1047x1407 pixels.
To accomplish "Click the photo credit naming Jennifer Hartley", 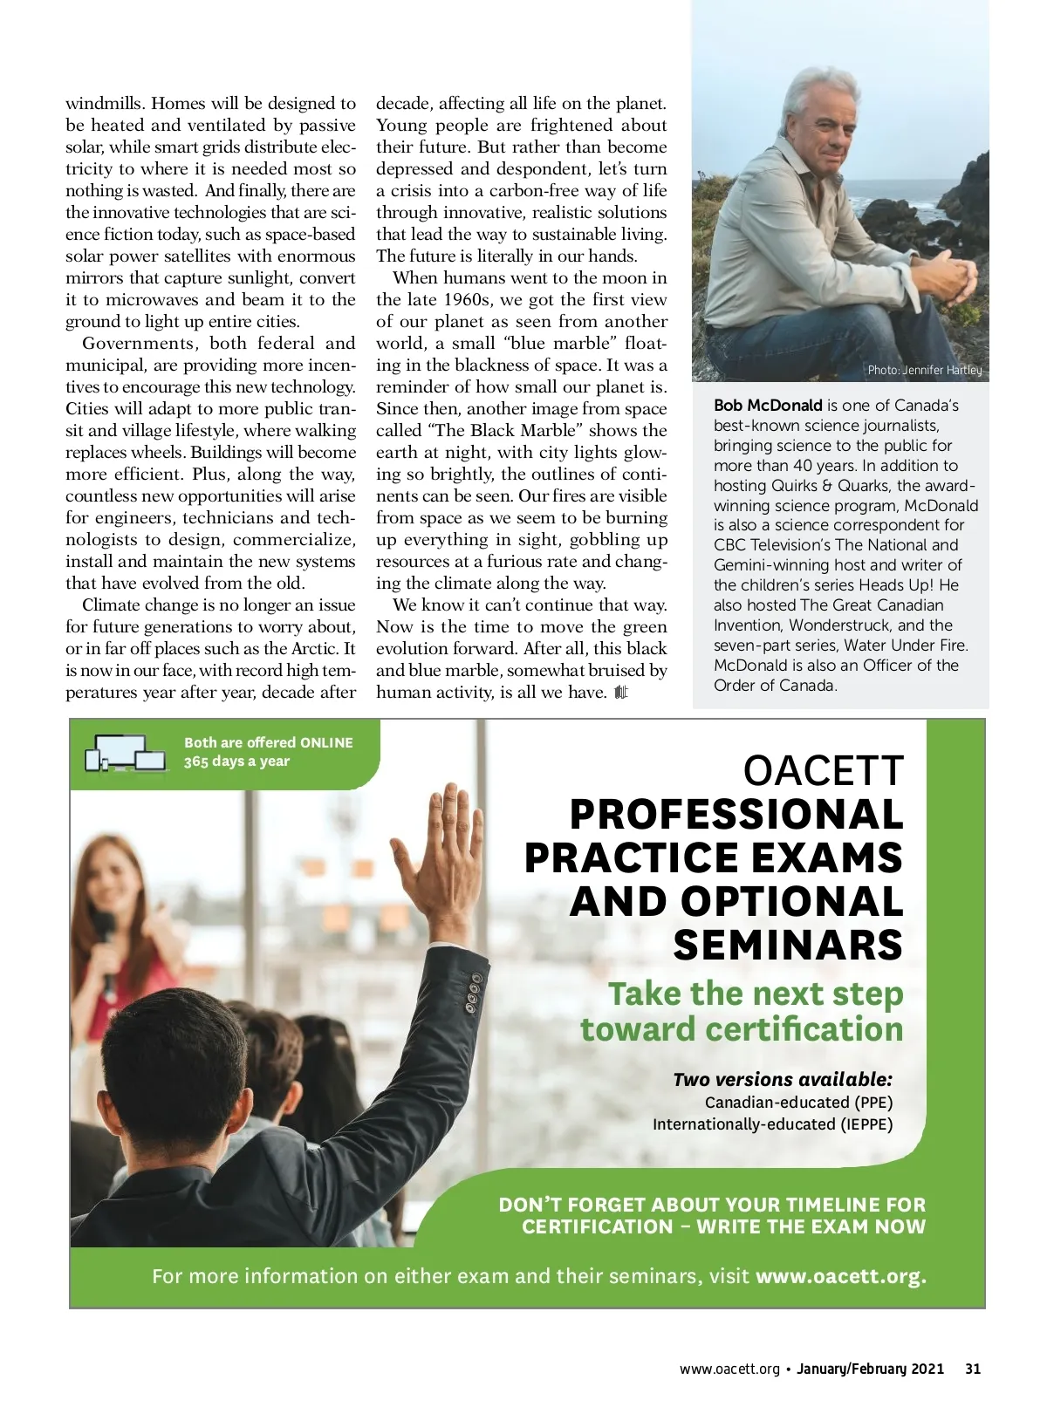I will click(x=924, y=370).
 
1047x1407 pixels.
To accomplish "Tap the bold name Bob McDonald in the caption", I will click(x=768, y=406).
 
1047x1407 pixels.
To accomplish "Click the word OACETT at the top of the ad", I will click(x=823, y=771).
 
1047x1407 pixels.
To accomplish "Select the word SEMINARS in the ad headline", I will click(x=788, y=946).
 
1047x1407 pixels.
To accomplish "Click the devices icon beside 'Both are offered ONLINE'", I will click(x=125, y=752).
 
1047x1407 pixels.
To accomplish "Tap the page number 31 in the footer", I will click(x=973, y=1369).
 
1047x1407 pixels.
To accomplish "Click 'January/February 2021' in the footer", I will click(x=870, y=1369).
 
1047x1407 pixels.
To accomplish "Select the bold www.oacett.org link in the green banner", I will click(x=840, y=1276).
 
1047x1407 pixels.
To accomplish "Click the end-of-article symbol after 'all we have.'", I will click(x=620, y=693).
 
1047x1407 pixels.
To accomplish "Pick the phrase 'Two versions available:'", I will click(x=783, y=1079).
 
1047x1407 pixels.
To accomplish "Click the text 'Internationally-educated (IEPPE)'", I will click(x=772, y=1124).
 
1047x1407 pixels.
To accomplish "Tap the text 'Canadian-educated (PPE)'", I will click(x=798, y=1103).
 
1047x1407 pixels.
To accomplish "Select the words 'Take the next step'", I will click(x=755, y=994).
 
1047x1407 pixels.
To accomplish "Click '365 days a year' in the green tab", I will click(x=236, y=762).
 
